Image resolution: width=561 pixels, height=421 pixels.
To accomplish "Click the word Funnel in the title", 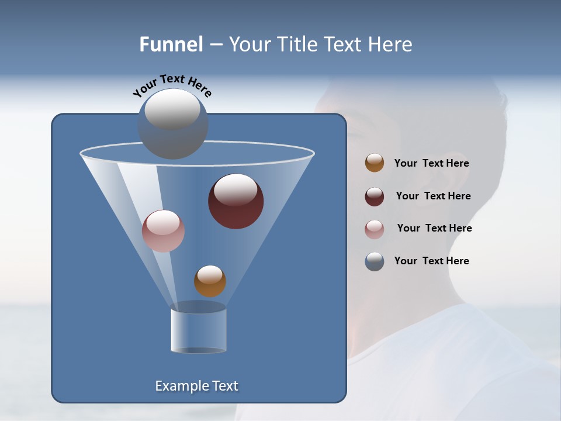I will click(171, 44).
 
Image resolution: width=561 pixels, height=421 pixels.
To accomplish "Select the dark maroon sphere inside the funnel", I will click(236, 202).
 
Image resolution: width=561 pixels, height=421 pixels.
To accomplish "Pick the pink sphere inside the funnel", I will click(164, 232).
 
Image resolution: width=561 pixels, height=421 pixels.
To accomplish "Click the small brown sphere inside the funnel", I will click(210, 281).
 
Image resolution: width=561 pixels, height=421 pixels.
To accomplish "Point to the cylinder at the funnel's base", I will click(199, 331).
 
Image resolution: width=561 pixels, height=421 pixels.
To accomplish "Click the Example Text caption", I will click(197, 386).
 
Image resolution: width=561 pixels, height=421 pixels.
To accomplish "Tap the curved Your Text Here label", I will click(172, 85).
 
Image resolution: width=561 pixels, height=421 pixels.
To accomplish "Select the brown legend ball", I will click(375, 163).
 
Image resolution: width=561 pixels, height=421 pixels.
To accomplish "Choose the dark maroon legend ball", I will click(375, 196).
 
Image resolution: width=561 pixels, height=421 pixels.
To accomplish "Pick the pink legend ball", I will click(375, 229).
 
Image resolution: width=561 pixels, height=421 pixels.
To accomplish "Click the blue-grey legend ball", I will click(375, 261).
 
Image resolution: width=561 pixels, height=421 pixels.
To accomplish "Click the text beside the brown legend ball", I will click(431, 164).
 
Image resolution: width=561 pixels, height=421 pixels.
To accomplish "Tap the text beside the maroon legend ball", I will click(433, 196).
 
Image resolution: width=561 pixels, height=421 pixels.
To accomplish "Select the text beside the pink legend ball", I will click(434, 229).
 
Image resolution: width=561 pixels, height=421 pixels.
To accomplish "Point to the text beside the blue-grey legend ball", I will click(431, 261).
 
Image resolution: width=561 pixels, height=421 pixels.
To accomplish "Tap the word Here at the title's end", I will click(391, 44).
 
